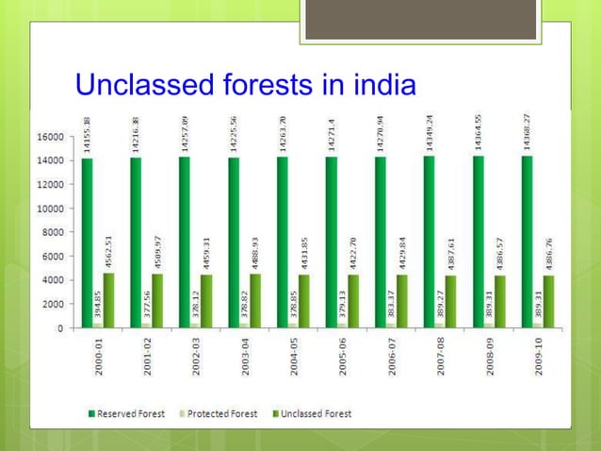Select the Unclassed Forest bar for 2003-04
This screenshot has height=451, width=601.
[255, 302]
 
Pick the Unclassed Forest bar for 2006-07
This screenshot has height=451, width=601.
[402, 302]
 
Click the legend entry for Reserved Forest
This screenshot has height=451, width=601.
[131, 413]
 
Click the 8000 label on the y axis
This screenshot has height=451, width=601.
[52, 232]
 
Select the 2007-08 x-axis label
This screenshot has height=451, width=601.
[441, 358]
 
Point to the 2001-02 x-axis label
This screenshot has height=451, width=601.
[147, 358]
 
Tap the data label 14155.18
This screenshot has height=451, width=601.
[88, 132]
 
